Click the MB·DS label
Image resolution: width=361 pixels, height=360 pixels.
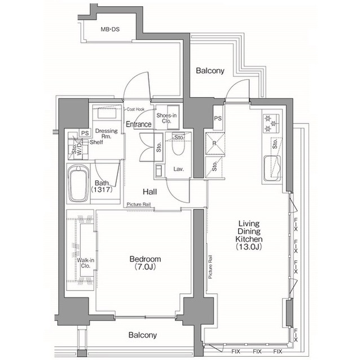coord(110,30)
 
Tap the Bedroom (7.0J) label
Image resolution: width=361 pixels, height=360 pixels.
coord(145,263)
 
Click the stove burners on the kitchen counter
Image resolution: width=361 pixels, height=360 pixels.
coord(268,123)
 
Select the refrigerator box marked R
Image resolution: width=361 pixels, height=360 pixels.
coord(214,143)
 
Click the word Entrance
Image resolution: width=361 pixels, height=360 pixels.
coord(138,125)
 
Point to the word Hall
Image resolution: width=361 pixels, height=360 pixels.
coord(149,192)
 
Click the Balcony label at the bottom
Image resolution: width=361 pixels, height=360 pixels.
coord(142,335)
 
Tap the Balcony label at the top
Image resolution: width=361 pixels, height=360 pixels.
coord(210,71)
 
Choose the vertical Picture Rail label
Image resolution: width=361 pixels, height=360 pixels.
coord(210,267)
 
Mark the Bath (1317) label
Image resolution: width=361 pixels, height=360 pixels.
coord(103,186)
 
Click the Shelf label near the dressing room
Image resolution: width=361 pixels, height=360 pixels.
coord(88,142)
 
